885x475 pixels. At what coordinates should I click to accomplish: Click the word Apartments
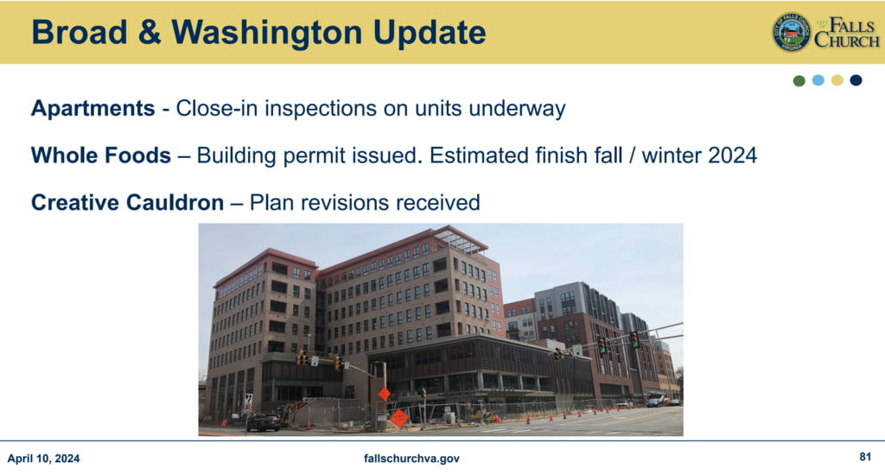pyautogui.click(x=93, y=108)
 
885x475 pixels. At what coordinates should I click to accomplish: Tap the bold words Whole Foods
pyautogui.click(x=101, y=155)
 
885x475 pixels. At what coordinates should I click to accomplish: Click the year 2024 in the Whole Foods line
pyautogui.click(x=733, y=155)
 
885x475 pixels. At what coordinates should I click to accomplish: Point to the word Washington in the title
pyautogui.click(x=267, y=33)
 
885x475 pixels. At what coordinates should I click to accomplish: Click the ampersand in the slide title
pyautogui.click(x=149, y=32)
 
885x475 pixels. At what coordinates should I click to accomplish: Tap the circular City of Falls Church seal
pyautogui.click(x=792, y=32)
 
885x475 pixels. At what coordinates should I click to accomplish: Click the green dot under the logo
pyautogui.click(x=799, y=80)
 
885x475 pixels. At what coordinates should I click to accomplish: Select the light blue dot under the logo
pyautogui.click(x=818, y=80)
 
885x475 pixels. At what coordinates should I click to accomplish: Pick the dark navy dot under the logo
pyautogui.click(x=856, y=80)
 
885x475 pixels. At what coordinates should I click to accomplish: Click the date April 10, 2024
pyautogui.click(x=43, y=458)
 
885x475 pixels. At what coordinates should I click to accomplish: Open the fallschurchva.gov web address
pyautogui.click(x=411, y=458)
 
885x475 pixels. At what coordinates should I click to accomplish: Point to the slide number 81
pyautogui.click(x=865, y=456)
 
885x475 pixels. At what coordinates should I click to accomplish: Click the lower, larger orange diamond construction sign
pyautogui.click(x=399, y=418)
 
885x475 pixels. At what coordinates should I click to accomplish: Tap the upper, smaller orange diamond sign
pyautogui.click(x=384, y=394)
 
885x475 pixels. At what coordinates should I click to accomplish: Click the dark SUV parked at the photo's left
pyautogui.click(x=263, y=422)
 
